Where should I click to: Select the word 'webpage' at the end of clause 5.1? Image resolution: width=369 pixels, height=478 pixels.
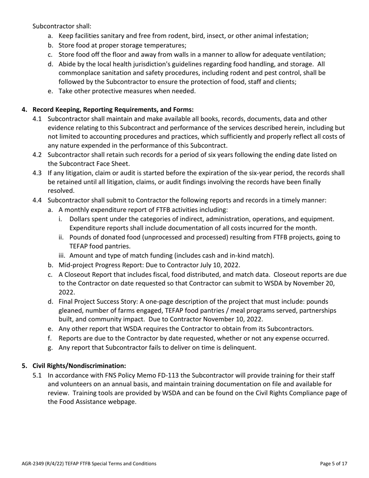123,402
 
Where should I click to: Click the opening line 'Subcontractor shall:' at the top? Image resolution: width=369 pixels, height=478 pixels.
62,26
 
